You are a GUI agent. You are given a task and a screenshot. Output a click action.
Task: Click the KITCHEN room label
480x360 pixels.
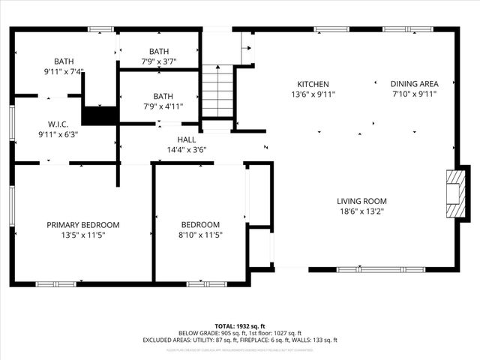coord(313,84)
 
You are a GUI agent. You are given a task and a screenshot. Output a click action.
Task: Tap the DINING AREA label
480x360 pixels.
coord(414,84)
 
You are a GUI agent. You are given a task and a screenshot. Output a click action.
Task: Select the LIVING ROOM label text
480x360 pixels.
coord(361,201)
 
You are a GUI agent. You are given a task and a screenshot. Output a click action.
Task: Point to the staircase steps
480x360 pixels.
coord(217,90)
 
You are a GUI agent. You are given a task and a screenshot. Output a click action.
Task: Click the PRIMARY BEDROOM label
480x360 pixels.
coord(82,224)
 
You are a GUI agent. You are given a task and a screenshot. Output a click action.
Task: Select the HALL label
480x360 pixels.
coord(186,139)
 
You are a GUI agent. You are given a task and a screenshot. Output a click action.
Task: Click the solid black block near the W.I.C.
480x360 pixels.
coord(99,115)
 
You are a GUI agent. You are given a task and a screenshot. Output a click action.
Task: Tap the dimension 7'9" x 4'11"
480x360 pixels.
coord(163,106)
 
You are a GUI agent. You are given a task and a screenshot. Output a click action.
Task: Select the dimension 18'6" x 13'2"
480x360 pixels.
coord(361,211)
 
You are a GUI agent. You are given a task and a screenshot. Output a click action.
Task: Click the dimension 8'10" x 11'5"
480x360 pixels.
coord(200,235)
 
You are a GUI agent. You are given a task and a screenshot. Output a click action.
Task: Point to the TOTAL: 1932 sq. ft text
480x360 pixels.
coord(240,326)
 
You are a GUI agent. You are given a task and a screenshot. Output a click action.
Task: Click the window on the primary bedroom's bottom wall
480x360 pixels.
coord(56,283)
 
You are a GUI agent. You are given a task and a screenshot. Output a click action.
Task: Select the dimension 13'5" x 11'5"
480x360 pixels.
coord(82,235)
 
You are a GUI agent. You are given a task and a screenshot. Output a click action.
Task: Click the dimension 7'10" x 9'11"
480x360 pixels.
coord(414,94)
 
